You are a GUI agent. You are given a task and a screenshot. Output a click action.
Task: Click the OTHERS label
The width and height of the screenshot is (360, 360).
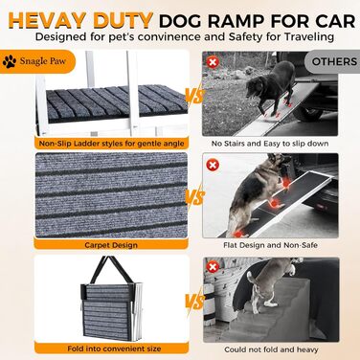coord(331,59)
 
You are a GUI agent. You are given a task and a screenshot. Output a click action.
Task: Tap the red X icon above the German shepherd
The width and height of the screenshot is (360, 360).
coord(214,166)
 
